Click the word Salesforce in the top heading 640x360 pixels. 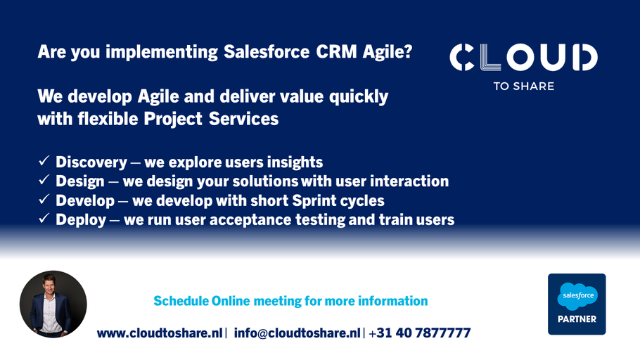[267, 52]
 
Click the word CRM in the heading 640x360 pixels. [336, 52]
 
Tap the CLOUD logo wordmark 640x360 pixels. [524, 57]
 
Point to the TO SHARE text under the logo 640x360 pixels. [524, 86]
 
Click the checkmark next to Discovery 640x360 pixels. [44, 160]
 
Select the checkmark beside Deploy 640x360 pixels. [44, 218]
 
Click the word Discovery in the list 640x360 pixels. [91, 162]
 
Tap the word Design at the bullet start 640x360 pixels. [80, 181]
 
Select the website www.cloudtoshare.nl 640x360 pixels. [160, 333]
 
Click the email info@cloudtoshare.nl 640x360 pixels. [297, 333]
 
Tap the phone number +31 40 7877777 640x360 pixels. [420, 333]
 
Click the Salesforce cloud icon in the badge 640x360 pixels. [577, 296]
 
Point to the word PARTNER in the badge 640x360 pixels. [577, 319]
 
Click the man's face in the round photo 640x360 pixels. [49, 285]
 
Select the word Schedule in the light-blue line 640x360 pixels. [181, 301]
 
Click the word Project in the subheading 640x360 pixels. [173, 119]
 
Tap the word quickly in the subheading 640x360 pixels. [359, 97]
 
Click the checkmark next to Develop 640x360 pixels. [44, 199]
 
